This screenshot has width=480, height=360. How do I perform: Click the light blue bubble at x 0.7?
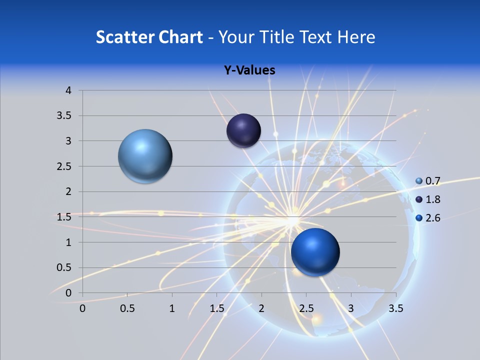click(x=145, y=156)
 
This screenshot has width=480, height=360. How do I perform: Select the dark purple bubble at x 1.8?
click(x=243, y=131)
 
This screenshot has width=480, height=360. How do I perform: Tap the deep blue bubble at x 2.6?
click(x=315, y=252)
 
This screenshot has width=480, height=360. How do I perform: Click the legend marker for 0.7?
click(x=419, y=181)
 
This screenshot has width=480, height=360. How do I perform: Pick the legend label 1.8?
click(x=433, y=199)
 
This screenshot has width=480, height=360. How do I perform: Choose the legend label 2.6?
click(x=433, y=218)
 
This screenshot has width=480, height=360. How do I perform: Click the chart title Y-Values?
click(x=249, y=70)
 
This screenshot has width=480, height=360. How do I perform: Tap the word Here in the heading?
click(x=356, y=37)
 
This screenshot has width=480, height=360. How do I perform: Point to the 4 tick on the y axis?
click(x=68, y=90)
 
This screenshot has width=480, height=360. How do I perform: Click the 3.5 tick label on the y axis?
click(x=65, y=116)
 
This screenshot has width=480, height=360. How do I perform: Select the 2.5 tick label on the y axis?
click(x=65, y=166)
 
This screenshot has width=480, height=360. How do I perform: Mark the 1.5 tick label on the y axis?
click(x=65, y=217)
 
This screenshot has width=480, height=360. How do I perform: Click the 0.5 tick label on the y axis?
click(x=65, y=267)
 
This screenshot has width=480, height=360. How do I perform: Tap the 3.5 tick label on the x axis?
click(x=395, y=308)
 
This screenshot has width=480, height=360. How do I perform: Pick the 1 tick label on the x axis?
click(x=172, y=308)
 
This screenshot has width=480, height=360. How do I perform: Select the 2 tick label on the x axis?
click(x=261, y=308)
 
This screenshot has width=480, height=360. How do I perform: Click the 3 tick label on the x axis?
click(x=351, y=308)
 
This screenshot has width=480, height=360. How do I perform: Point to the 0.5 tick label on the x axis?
click(x=127, y=308)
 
